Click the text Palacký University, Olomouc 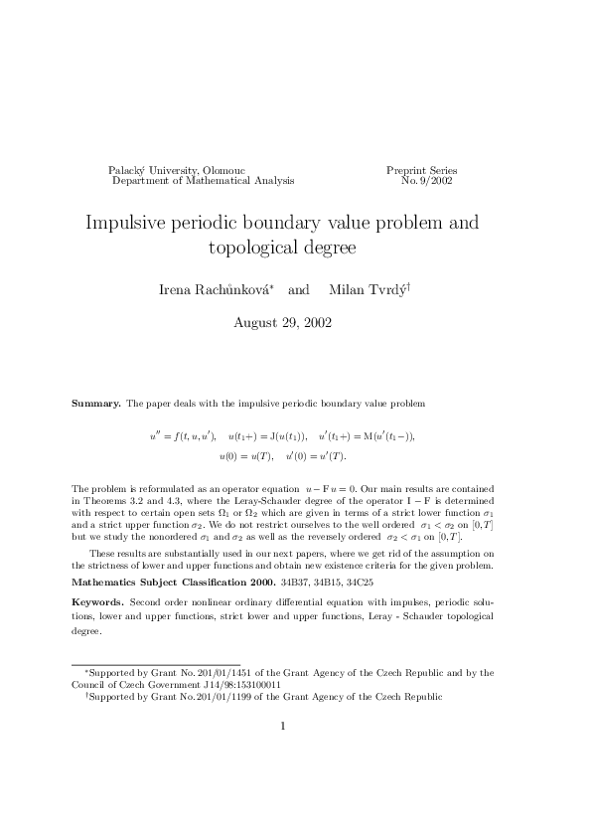coord(177,171)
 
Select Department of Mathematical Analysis coord(189,182)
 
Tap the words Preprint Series coord(421,171)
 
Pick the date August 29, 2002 coord(282,323)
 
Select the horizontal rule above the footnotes coord(156,663)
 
